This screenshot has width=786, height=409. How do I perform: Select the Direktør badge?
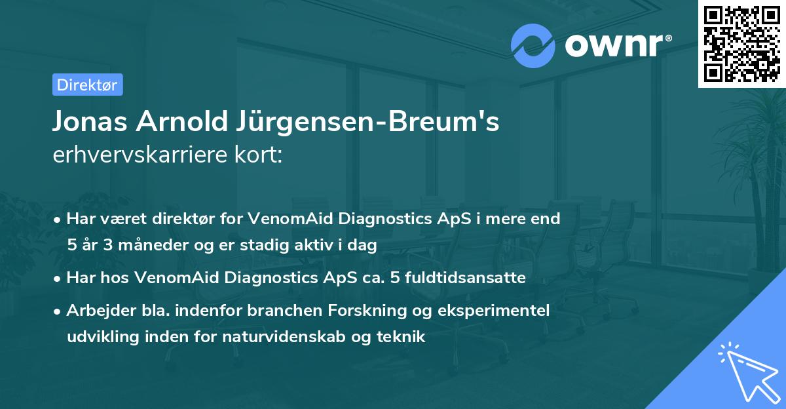(x=87, y=85)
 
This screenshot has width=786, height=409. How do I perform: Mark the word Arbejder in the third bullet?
(x=96, y=310)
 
